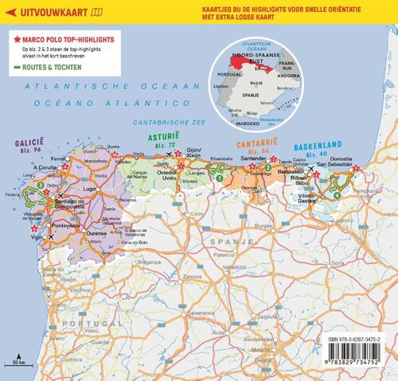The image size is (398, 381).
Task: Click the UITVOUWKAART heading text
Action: tap(39, 12)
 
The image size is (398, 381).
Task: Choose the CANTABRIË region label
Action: tap(260, 142)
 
